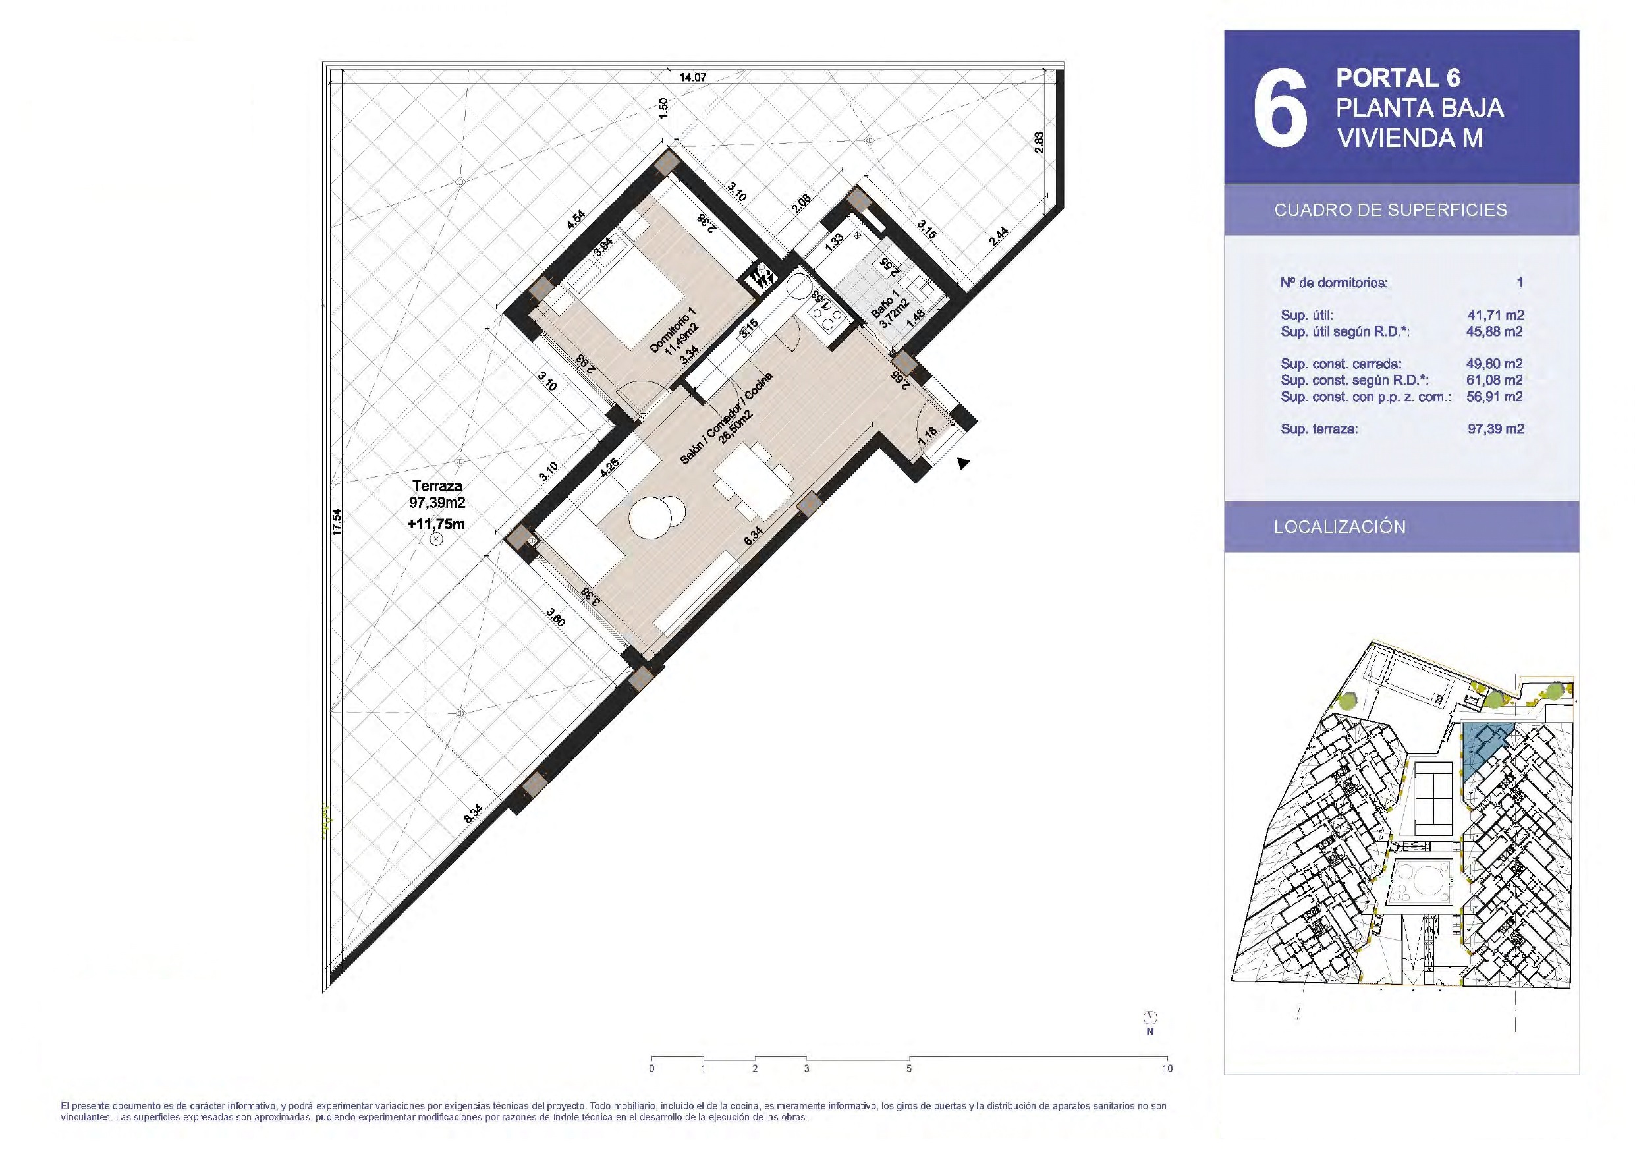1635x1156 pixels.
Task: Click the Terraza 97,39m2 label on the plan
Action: pyautogui.click(x=437, y=494)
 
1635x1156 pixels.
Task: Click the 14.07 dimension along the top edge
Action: pyautogui.click(x=692, y=78)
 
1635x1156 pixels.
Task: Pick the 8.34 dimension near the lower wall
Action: pyautogui.click(x=473, y=813)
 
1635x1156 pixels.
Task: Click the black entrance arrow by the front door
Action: pyautogui.click(x=963, y=464)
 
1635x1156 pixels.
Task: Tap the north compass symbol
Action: pyautogui.click(x=1150, y=1017)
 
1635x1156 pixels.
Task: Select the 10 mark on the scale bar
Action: pyautogui.click(x=1167, y=1069)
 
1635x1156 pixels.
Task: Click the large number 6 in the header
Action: pyautogui.click(x=1280, y=108)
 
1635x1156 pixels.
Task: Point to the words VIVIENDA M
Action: pyautogui.click(x=1410, y=138)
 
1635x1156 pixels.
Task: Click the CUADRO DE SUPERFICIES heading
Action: pyautogui.click(x=1391, y=210)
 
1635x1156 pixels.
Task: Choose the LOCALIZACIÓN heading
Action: pyautogui.click(x=1339, y=527)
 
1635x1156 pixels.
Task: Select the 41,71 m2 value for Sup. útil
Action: pyautogui.click(x=1495, y=315)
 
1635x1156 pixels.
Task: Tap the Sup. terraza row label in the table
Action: pyautogui.click(x=1319, y=429)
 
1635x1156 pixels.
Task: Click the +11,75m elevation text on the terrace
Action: pyautogui.click(x=437, y=524)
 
